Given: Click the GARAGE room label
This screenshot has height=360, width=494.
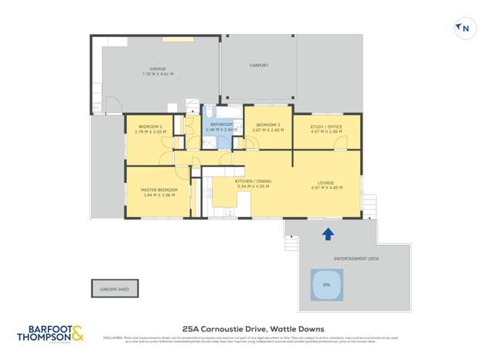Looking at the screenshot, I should click(x=158, y=68).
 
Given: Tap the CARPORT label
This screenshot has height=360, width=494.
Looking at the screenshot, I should click(x=259, y=66).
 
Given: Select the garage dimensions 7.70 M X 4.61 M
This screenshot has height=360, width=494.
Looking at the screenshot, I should click(x=158, y=73).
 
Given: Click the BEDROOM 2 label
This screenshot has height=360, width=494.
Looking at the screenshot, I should click(x=150, y=126).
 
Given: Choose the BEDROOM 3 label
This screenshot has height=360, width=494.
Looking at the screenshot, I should click(x=267, y=124).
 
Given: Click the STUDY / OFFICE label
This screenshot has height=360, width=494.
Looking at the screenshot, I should click(x=325, y=126).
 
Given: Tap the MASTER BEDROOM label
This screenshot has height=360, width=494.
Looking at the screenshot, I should click(x=159, y=189).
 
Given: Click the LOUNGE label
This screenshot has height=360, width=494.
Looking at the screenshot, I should click(x=325, y=181).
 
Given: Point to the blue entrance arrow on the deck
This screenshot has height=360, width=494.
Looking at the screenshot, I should click(x=328, y=233).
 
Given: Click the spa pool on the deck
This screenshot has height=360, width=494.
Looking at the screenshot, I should click(x=325, y=284).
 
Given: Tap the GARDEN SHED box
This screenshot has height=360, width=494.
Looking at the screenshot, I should click(x=114, y=289).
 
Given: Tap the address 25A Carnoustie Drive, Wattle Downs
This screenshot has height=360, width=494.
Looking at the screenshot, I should click(x=247, y=330).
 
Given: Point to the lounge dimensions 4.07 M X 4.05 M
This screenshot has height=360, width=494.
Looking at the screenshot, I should click(x=325, y=186).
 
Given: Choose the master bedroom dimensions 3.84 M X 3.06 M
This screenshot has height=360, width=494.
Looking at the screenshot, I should click(x=159, y=195).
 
